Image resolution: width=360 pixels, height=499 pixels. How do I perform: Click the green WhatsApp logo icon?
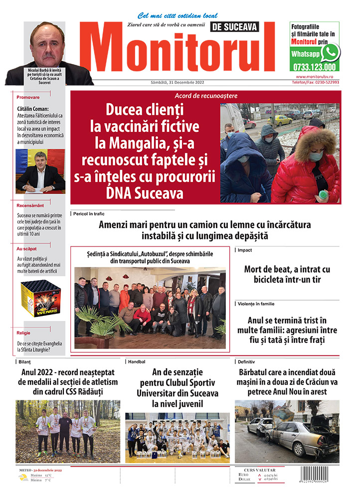point(330,52)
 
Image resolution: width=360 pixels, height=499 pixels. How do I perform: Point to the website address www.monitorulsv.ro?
point(317,77)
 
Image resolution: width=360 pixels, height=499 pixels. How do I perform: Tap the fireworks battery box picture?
point(40,300)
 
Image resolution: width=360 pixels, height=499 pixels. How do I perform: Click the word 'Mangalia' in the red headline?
point(139,144)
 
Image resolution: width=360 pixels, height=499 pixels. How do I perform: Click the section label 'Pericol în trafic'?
point(90,214)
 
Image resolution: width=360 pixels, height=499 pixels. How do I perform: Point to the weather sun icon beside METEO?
point(23,478)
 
